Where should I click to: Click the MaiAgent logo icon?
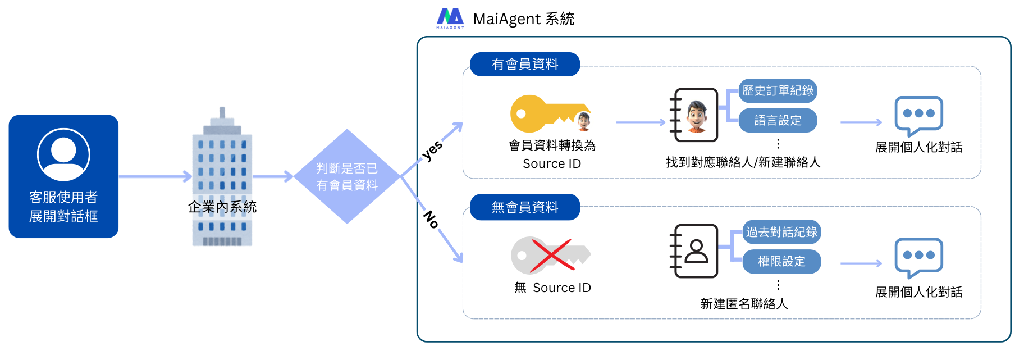pyautogui.click(x=450, y=18)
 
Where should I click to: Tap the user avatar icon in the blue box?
pyautogui.click(x=63, y=154)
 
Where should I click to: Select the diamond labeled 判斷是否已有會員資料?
pyautogui.click(x=347, y=176)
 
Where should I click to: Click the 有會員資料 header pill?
pyautogui.click(x=525, y=64)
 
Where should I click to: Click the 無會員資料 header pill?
pyautogui.click(x=525, y=207)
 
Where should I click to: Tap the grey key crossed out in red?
pyautogui.click(x=550, y=255)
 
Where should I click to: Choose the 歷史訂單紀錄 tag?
pyautogui.click(x=778, y=90)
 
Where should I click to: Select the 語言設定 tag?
pyautogui.click(x=778, y=120)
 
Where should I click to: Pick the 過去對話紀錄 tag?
pyautogui.click(x=781, y=232)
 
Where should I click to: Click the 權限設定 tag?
pyautogui.click(x=781, y=261)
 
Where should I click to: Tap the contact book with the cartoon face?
pyautogui.click(x=694, y=115)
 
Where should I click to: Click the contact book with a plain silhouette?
pyautogui.click(x=694, y=251)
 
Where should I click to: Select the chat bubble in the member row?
pyautogui.click(x=918, y=115)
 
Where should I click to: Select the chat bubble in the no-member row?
pyautogui.click(x=918, y=257)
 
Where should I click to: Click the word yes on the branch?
pyautogui.click(x=432, y=151)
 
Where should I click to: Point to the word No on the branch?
pyautogui.click(x=431, y=219)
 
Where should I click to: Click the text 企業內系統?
pyautogui.click(x=222, y=207)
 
